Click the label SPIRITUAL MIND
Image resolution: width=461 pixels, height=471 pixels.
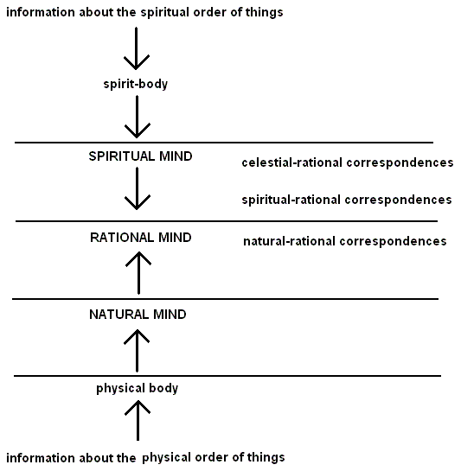[140, 156]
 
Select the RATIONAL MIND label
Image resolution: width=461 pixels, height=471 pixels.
[141, 238]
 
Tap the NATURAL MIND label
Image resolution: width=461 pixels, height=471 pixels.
[138, 315]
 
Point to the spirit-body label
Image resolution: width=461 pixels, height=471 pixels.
[136, 84]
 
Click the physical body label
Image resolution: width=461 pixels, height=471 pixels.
[138, 388]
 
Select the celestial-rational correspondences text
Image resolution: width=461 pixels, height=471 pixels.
[348, 162]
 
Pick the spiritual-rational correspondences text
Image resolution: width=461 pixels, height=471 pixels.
[347, 200]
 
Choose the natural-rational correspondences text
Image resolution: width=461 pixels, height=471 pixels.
[345, 241]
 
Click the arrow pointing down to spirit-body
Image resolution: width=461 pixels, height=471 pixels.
[137, 48]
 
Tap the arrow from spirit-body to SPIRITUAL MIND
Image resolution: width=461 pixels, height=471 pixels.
[138, 117]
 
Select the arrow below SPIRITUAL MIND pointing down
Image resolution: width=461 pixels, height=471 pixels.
[138, 188]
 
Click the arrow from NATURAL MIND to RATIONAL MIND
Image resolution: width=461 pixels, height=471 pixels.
[138, 273]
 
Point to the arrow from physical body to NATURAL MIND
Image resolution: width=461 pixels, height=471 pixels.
[137, 351]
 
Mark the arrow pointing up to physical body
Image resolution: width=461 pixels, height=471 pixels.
[138, 421]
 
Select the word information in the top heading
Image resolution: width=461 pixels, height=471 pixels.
[41, 12]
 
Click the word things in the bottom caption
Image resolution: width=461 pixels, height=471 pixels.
[266, 458]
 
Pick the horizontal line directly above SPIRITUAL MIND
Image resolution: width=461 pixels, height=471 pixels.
[224, 143]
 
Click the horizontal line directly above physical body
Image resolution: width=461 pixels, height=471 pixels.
[227, 376]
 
